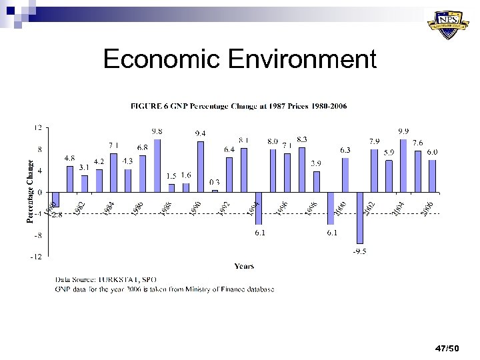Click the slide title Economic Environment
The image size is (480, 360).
pos(239,59)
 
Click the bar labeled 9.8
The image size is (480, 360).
pos(157,165)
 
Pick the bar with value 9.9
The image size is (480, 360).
pos(403,165)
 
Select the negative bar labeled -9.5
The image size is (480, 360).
pos(360,218)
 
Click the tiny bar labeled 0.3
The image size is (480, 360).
pos(215,191)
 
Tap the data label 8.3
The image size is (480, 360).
pos(302,139)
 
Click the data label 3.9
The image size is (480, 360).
pos(317,163)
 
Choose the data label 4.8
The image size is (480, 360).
pos(69,159)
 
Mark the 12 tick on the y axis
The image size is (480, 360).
pos(39,128)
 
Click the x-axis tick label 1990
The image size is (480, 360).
pos(194,208)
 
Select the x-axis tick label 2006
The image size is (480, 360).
pos(427,208)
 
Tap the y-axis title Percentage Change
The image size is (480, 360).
pos(29,190)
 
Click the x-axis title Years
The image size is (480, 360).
pos(243,266)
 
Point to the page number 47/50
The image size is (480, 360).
pos(447,349)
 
